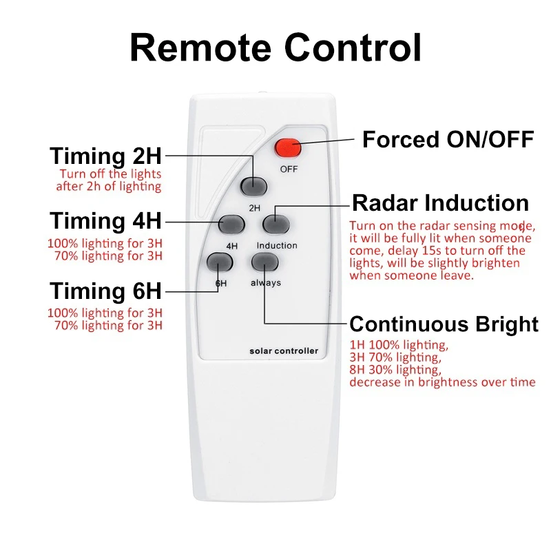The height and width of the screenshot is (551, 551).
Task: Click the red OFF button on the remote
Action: pyautogui.click(x=288, y=148)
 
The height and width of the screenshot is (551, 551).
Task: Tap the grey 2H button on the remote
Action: pyautogui.click(x=253, y=187)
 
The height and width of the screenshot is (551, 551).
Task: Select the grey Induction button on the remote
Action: pyautogui.click(x=276, y=225)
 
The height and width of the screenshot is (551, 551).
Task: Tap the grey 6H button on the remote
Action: pyautogui.click(x=220, y=262)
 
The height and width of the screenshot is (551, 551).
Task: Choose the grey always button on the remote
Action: pyautogui.click(x=265, y=262)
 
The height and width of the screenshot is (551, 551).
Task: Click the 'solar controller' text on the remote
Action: pyautogui.click(x=284, y=351)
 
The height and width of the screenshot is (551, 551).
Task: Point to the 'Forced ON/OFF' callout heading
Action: pyautogui.click(x=448, y=140)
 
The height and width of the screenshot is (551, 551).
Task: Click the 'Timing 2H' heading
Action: pyautogui.click(x=105, y=156)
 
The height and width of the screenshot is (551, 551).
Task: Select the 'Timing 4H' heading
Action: pyautogui.click(x=105, y=220)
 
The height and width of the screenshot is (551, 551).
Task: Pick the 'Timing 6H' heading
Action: pyautogui.click(x=105, y=291)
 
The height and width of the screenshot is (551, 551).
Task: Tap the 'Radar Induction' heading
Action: pyautogui.click(x=440, y=202)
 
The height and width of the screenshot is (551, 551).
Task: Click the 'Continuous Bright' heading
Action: pyautogui.click(x=444, y=324)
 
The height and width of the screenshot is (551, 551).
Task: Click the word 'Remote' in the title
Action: pyautogui.click(x=200, y=48)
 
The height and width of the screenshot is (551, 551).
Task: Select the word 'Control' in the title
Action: pyautogui.click(x=353, y=47)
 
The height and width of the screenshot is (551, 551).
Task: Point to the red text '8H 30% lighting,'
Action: pyautogui.click(x=395, y=370)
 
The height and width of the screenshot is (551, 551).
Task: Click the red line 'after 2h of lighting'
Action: pyautogui.click(x=109, y=186)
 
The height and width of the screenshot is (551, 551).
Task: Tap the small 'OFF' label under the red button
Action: pyautogui.click(x=289, y=169)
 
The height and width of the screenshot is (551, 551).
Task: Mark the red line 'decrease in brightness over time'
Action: pyautogui.click(x=442, y=382)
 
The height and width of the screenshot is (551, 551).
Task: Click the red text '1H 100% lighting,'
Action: pyautogui.click(x=399, y=345)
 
